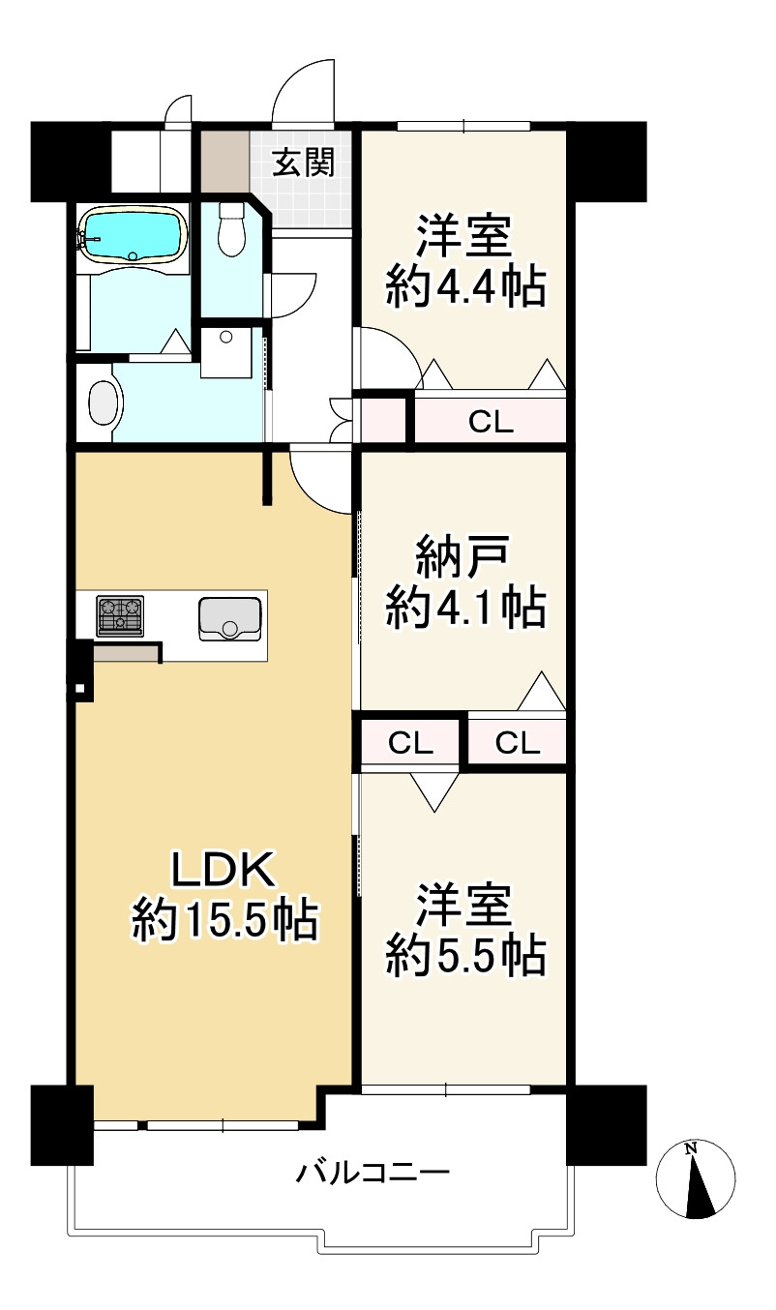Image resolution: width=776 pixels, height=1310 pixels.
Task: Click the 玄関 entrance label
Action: tap(303, 163)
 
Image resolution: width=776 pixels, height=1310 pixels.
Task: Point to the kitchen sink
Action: tap(230, 618)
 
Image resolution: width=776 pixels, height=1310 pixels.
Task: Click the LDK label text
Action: tap(224, 871)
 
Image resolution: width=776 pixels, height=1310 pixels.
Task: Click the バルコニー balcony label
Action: tap(373, 1175)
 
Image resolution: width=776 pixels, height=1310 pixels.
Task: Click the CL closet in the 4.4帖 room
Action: tap(491, 421)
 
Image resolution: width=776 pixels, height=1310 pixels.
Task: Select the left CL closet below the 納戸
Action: tap(410, 743)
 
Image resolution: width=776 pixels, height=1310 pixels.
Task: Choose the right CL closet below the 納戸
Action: tap(518, 743)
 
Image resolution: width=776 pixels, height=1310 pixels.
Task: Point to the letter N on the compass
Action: tap(690, 1149)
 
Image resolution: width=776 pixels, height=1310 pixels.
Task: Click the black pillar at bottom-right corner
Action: tap(606, 1124)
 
